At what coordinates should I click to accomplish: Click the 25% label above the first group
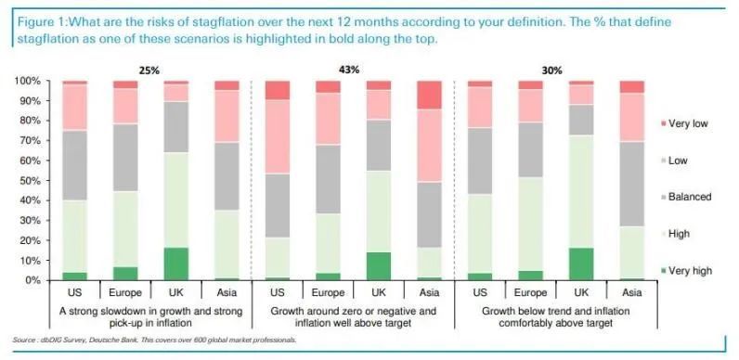pyautogui.click(x=149, y=71)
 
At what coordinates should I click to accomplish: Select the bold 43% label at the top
pyautogui.click(x=349, y=70)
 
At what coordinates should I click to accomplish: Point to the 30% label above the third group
pyautogui.click(x=551, y=71)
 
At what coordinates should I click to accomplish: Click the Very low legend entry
pyautogui.click(x=685, y=123)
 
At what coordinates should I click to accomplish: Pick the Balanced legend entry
pyautogui.click(x=686, y=197)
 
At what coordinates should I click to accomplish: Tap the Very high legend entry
pyautogui.click(x=686, y=271)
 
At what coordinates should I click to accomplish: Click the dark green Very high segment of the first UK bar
pyautogui.click(x=175, y=264)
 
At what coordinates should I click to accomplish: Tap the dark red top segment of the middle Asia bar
pyautogui.click(x=429, y=95)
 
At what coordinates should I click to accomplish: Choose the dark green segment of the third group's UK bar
pyautogui.click(x=581, y=264)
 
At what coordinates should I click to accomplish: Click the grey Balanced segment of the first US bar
pyautogui.click(x=74, y=165)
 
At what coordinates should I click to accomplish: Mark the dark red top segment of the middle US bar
pyautogui.click(x=277, y=90)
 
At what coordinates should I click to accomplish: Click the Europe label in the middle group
pyautogui.click(x=328, y=292)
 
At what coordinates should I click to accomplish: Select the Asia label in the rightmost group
pyautogui.click(x=631, y=292)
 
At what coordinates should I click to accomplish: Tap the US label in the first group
pyautogui.click(x=74, y=292)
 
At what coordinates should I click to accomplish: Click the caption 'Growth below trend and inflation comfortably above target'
pyautogui.click(x=556, y=317)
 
